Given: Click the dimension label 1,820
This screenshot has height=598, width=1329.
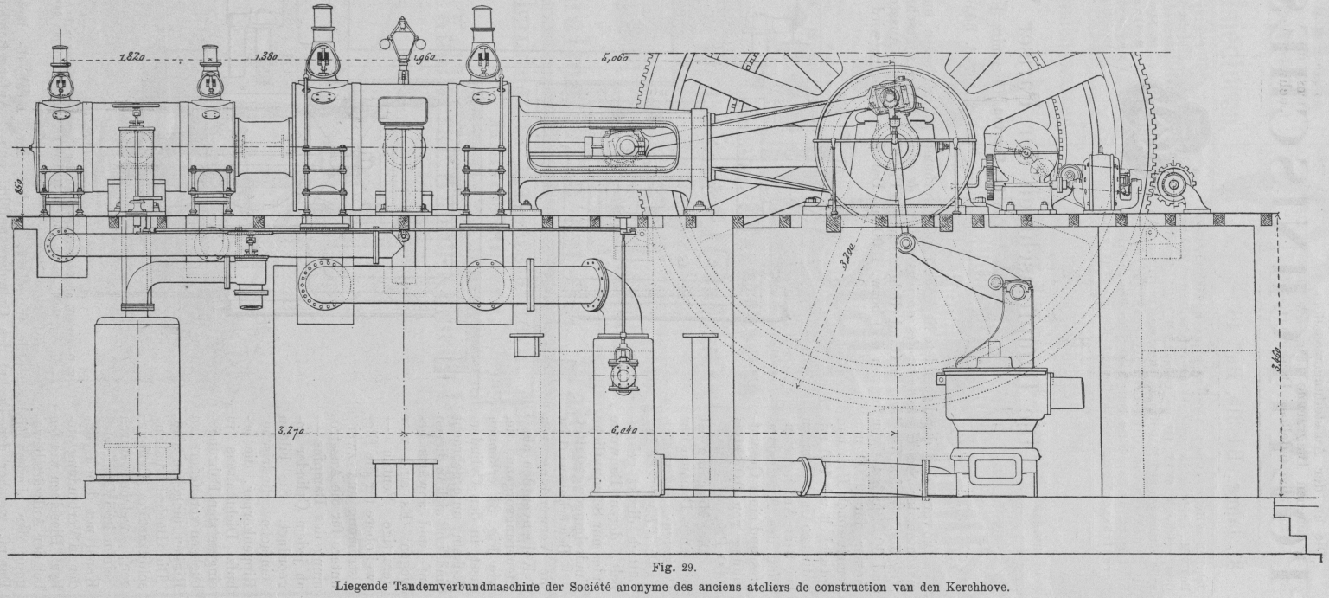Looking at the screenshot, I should click(131, 59).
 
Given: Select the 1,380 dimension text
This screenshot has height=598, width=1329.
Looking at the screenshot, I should click(265, 59).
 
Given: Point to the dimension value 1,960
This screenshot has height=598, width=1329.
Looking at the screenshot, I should click(424, 59).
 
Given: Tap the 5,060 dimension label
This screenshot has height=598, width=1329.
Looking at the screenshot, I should click(614, 59).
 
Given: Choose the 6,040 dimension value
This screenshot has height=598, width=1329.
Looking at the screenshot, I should click(624, 430).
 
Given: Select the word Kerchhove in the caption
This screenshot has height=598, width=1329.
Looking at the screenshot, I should click(976, 583).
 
